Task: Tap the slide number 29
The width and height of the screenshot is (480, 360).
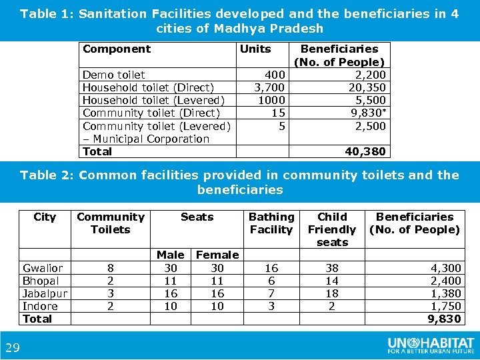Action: (x=12, y=347)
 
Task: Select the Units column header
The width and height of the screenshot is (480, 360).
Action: (x=255, y=49)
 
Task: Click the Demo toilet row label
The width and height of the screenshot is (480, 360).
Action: (x=113, y=75)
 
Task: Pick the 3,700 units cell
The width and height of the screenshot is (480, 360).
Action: (x=269, y=87)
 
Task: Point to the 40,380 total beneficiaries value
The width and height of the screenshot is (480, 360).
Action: (x=365, y=151)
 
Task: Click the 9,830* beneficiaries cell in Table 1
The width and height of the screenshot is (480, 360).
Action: (x=369, y=113)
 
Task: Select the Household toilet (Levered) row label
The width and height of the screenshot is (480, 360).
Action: (x=153, y=100)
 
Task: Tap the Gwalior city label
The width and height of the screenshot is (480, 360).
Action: (x=43, y=268)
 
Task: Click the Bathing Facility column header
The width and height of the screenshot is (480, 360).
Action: (x=271, y=223)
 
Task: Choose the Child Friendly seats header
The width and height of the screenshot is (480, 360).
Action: (x=332, y=229)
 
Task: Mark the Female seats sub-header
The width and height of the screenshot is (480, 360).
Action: (x=217, y=255)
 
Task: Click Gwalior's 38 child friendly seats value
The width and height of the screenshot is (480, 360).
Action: (x=332, y=268)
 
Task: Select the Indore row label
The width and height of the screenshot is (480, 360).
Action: (x=40, y=306)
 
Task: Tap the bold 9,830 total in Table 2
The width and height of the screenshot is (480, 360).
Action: (x=444, y=319)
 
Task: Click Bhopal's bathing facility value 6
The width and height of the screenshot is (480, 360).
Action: (x=271, y=281)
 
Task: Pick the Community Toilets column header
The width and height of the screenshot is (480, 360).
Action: (x=110, y=223)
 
